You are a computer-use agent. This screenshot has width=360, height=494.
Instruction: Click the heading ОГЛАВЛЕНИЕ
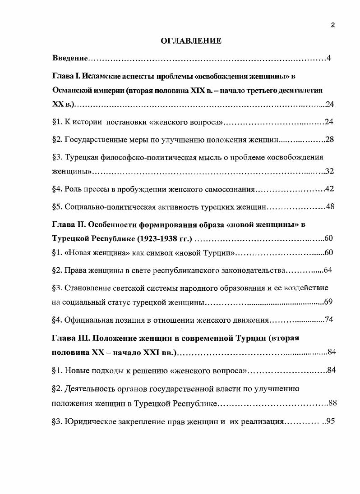click(191, 41)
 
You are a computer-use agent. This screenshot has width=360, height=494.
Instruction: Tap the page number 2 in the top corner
click(332, 25)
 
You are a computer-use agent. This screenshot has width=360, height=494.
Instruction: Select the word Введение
click(70, 59)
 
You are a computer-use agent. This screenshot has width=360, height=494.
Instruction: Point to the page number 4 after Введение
click(329, 59)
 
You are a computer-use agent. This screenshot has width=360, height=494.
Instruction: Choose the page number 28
click(329, 139)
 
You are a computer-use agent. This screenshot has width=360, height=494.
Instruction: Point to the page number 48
click(330, 206)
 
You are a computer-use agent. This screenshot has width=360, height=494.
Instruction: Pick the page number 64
click(328, 270)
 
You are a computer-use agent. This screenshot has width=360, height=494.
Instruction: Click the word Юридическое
click(93, 422)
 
